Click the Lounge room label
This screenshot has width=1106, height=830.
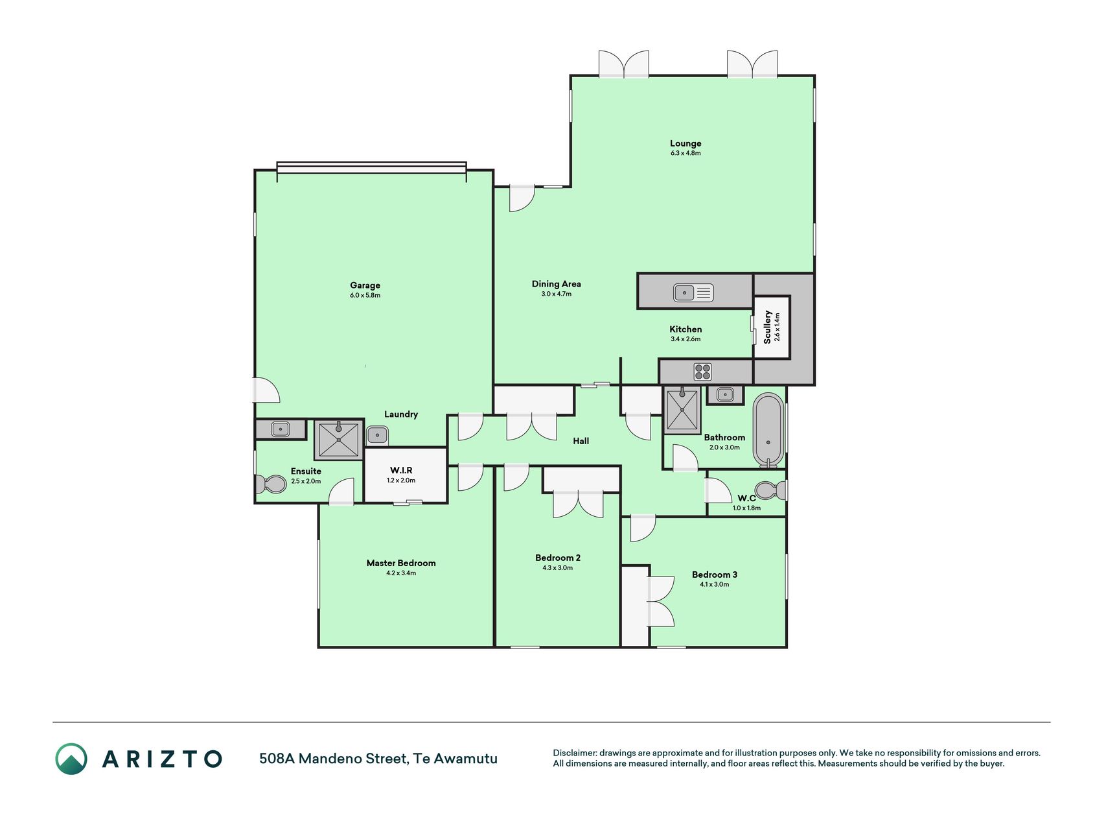[x=685, y=143]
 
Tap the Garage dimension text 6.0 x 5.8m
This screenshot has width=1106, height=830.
[x=365, y=295]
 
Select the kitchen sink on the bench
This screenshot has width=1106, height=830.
[x=693, y=293]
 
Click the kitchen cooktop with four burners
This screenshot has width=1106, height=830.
[x=703, y=372]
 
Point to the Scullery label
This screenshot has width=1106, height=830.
[x=767, y=326]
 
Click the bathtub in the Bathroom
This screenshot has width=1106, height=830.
[x=768, y=430]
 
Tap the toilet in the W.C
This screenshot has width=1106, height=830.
[x=771, y=490]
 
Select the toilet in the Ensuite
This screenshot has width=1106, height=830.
[x=271, y=484]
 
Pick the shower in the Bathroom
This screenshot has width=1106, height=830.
[x=682, y=410]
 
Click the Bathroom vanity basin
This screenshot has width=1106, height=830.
[x=725, y=394]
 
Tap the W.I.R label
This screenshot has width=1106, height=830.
[x=401, y=470]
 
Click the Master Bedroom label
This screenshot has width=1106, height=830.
[x=401, y=563]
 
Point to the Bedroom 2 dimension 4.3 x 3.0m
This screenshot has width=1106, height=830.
[x=558, y=567]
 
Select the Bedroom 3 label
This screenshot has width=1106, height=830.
[x=715, y=575]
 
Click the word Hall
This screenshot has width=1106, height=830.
[x=581, y=441]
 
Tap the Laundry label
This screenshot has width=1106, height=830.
[x=401, y=414]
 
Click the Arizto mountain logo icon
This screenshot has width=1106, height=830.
[x=71, y=759]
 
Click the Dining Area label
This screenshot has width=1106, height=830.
[x=557, y=284]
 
